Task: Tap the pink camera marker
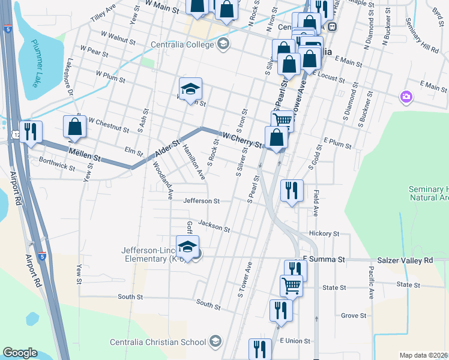pos(406,97)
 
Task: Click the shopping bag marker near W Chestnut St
pos(74,127)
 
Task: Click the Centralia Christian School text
pos(158,343)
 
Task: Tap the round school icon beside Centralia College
pos(223,44)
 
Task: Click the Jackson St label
pos(214,226)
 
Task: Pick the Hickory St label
pos(324,233)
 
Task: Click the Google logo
pos(20,352)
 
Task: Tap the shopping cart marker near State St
pos(291,286)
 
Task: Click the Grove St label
pos(354,315)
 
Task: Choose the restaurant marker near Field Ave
pos(292,191)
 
